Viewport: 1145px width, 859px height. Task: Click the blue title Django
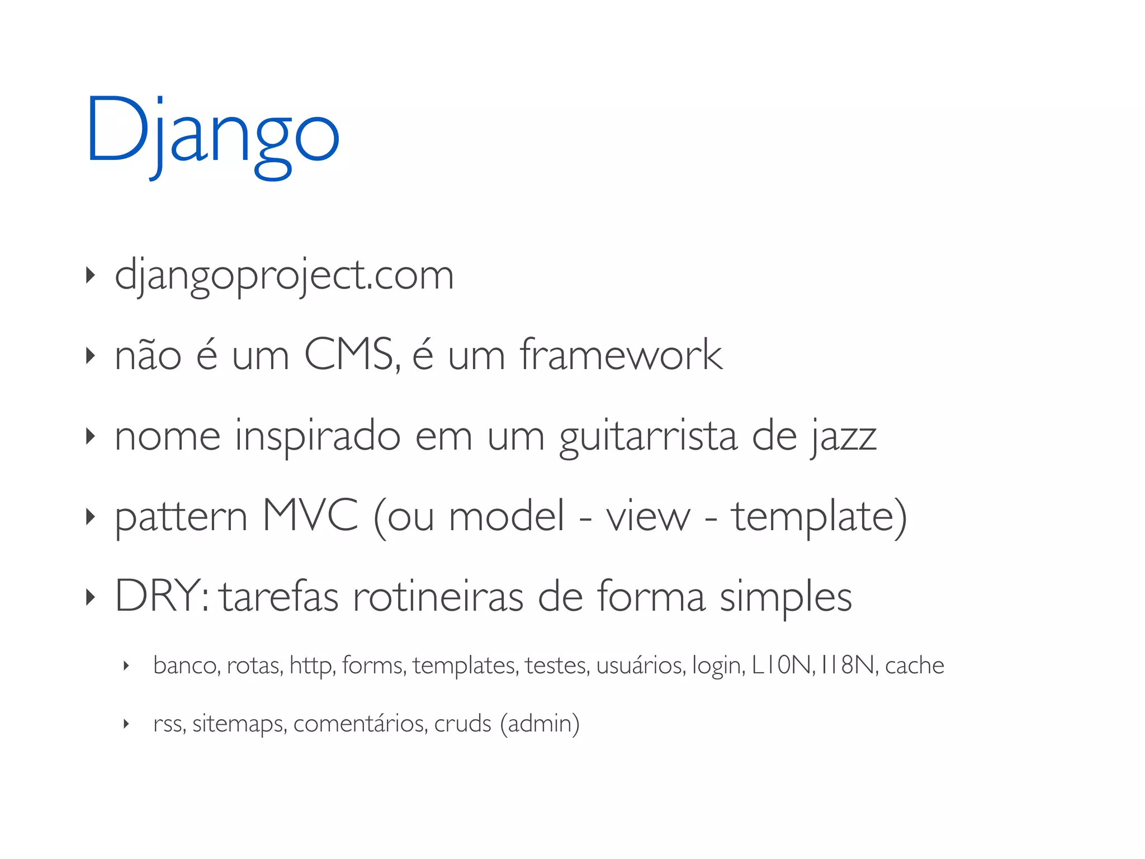click(213, 134)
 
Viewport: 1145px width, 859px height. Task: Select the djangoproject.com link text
click(284, 275)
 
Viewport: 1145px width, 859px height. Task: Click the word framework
click(621, 355)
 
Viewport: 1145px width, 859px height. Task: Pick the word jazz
click(844, 437)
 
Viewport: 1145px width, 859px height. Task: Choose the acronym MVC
click(310, 516)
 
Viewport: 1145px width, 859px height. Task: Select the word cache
click(915, 666)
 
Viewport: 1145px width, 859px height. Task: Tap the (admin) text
click(540, 724)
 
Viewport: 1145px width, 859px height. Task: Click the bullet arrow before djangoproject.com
click(90, 275)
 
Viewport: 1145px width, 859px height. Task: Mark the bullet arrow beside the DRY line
click(90, 597)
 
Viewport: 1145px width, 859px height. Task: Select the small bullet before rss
click(126, 724)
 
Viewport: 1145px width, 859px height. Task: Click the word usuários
click(641, 666)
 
